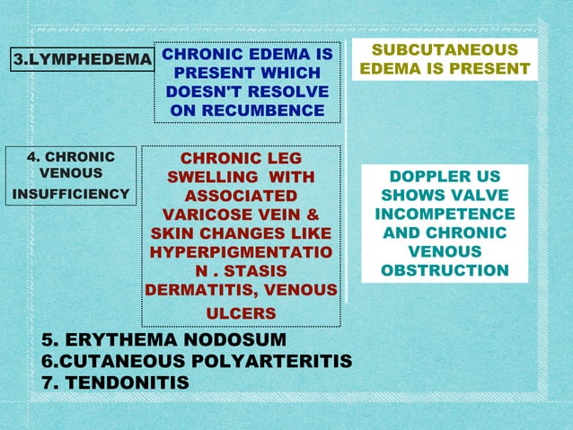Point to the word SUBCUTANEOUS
(445, 50)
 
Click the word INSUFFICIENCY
(71, 193)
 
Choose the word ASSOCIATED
(241, 196)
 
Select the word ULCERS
(241, 312)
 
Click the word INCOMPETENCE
(445, 214)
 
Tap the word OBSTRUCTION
(445, 270)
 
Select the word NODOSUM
(235, 341)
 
